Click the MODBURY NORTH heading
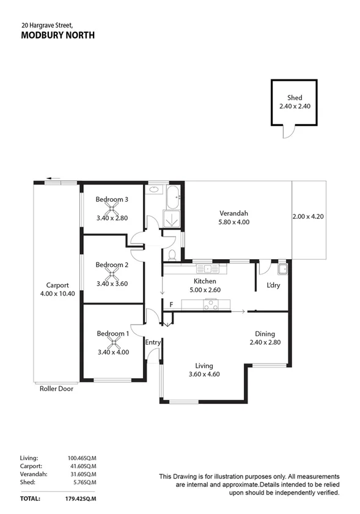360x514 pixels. (58, 35)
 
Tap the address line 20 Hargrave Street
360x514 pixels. (47, 25)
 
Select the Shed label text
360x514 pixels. (295, 98)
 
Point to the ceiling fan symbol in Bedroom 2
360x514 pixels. (112, 274)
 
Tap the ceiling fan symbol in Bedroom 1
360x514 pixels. (112, 343)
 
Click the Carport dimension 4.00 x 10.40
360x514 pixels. (57, 294)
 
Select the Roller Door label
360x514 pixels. (56, 388)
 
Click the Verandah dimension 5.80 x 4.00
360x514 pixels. (234, 222)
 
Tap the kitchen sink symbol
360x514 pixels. (207, 268)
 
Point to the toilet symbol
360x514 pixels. (172, 254)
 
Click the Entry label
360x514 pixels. (152, 342)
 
